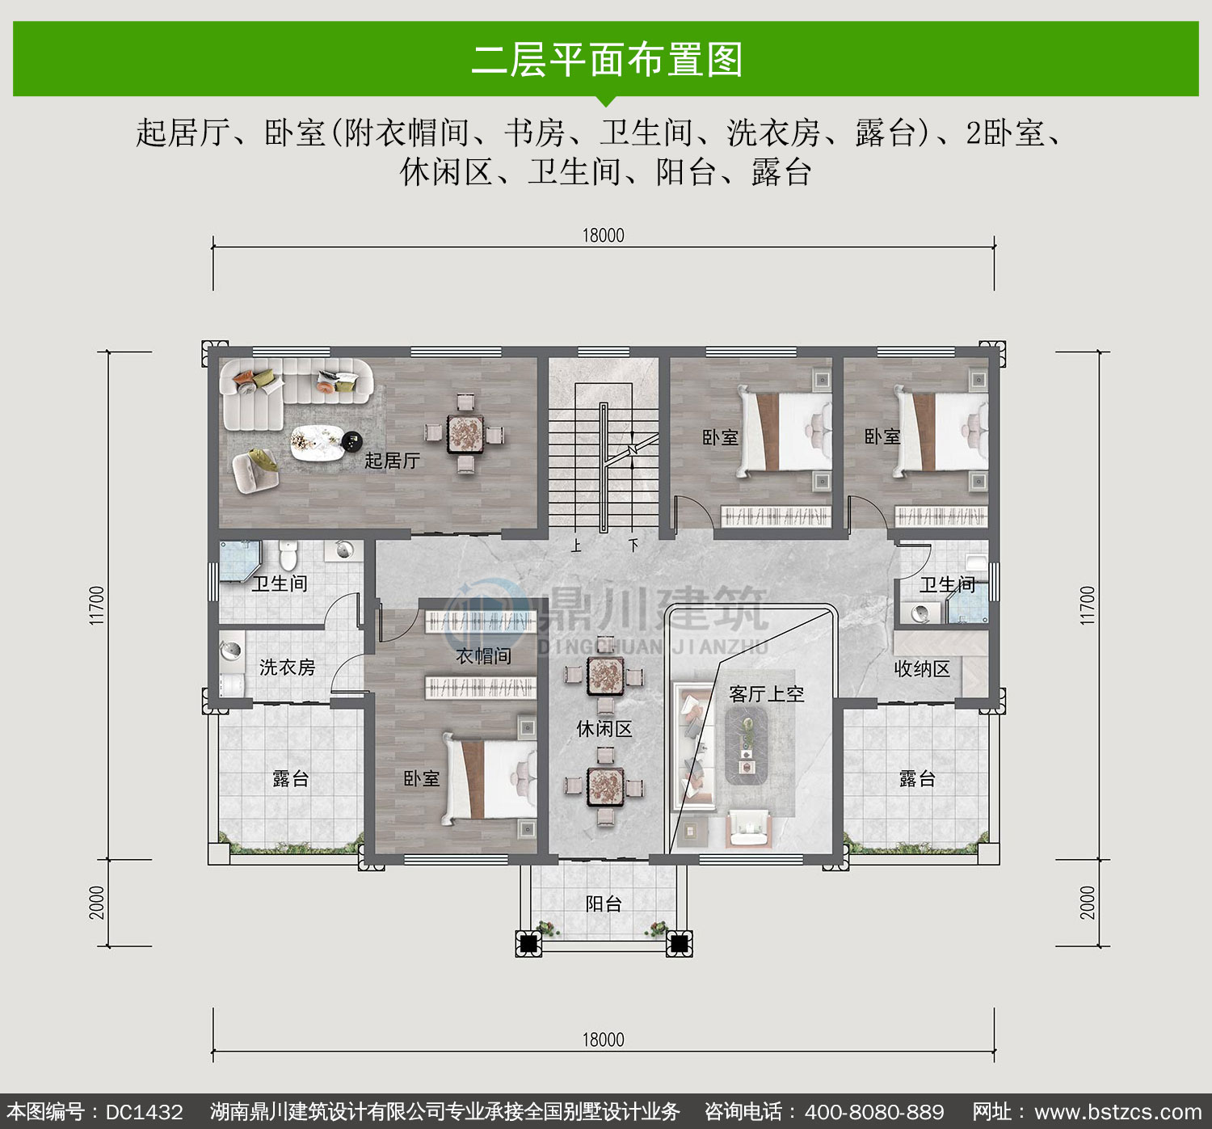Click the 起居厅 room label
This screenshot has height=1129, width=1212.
(x=392, y=461)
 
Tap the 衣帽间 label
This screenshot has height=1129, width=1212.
(x=483, y=656)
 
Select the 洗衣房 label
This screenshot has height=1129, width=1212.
(x=288, y=668)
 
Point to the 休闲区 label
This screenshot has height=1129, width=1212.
(x=604, y=728)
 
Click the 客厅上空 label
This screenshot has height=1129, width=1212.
(x=767, y=694)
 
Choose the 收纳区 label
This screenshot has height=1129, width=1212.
(x=922, y=669)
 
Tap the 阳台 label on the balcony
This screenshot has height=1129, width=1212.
(x=604, y=904)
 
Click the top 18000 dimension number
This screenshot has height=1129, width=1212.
(x=603, y=236)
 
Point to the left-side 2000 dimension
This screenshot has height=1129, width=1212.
(x=97, y=903)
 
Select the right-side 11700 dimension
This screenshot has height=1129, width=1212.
(x=1088, y=605)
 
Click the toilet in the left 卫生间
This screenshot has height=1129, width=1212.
(x=288, y=555)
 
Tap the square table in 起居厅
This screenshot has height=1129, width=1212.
(x=465, y=434)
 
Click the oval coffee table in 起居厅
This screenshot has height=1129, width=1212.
(x=317, y=443)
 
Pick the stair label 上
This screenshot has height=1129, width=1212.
(x=576, y=546)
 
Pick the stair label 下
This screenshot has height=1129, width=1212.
(x=633, y=546)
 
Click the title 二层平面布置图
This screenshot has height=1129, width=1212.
(x=607, y=60)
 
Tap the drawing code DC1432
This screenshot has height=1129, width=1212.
(x=144, y=1112)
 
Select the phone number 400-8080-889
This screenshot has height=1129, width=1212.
(x=874, y=1112)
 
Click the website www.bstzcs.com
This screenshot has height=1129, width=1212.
(x=1118, y=1112)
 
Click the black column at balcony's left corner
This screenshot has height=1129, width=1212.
(x=528, y=943)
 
